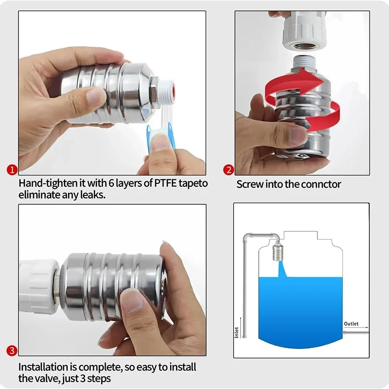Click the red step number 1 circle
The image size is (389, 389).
pos(12,170)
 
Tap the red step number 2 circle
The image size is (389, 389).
pos(229,170)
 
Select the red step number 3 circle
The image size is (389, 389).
pos(12,351)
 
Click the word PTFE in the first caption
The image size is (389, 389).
pos(165,183)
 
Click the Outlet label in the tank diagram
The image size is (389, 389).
pos(351,324)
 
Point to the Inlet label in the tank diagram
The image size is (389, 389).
pos(236,333)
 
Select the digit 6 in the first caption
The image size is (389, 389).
pos(111,183)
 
